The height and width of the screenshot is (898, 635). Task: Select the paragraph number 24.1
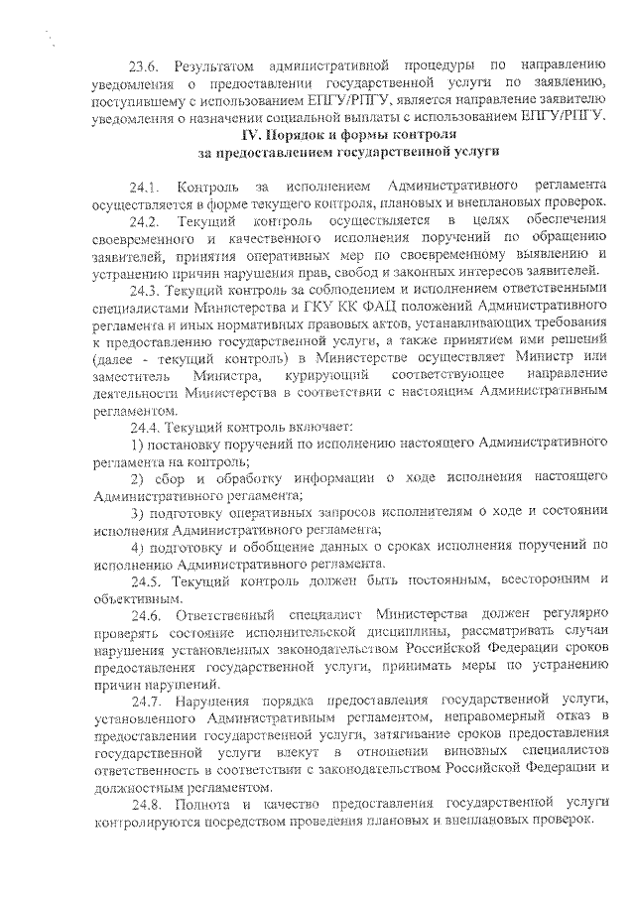[144, 188]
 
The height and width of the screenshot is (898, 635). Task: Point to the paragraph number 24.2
[144, 219]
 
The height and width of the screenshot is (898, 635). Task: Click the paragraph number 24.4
[144, 426]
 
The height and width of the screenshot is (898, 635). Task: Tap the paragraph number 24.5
[144, 580]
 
